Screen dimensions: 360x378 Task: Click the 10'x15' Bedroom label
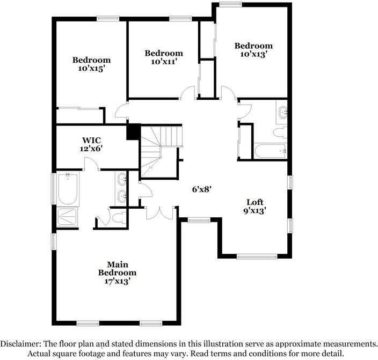pos(91,64)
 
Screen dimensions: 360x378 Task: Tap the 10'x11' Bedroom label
pos(164,57)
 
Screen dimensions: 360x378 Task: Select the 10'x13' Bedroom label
pos(253,50)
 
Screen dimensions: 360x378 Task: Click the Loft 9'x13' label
pos(255,207)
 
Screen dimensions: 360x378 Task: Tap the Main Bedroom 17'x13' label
pos(117,273)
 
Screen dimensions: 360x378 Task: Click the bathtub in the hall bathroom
pos(270,151)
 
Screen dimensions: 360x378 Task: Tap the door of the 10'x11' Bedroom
pos(188,94)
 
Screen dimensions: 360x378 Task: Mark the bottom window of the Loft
pos(256,257)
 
